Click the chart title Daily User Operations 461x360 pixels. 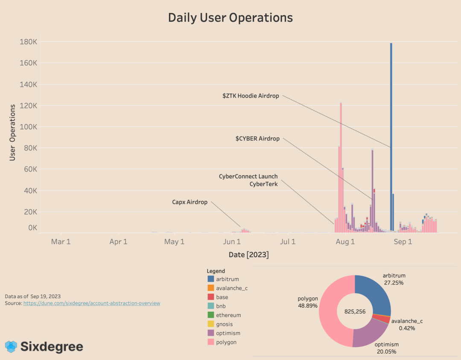230,17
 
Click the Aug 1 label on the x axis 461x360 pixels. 345,242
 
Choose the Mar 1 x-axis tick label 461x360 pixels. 61,242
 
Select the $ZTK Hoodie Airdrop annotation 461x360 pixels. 251,96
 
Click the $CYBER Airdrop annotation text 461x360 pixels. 257,139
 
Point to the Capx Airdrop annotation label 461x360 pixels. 190,202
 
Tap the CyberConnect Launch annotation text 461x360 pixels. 248,176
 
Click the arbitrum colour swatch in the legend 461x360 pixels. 211,279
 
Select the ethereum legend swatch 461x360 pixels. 211,315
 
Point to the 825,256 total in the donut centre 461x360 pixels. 355,311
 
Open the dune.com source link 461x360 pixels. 92,303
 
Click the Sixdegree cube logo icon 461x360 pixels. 11,347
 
